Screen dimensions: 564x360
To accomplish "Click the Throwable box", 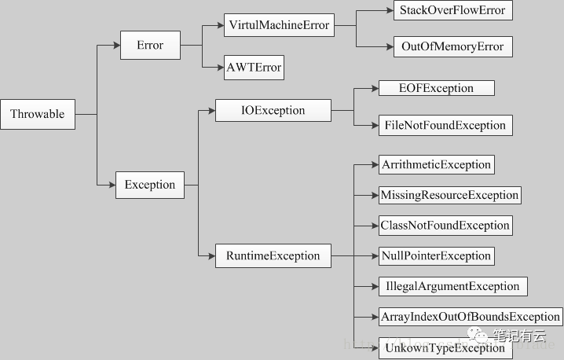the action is coord(38,114).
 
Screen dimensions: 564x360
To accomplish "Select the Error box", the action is coord(150,45).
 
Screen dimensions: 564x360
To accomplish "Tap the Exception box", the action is coord(150,185).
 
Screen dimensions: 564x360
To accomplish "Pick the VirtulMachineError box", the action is coord(279,25).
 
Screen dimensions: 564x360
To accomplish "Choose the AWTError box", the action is coord(254,68).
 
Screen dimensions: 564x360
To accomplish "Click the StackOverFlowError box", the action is coord(453,10).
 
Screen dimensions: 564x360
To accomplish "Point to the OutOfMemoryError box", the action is coord(453,46).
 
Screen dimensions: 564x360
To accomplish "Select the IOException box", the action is coord(273,110).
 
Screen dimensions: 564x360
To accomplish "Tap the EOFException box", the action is coord(437,88).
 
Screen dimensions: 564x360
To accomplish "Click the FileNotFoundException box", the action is coord(445,125).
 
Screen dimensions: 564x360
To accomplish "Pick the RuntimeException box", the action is coord(273,255).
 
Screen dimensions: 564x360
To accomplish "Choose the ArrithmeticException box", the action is coord(437,164).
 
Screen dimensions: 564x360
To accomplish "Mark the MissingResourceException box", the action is coord(450,195).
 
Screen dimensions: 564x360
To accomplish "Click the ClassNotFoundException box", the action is coord(445,226).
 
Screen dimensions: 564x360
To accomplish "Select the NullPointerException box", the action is coord(437,256).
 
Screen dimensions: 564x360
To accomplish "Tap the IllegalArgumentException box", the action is coord(453,286).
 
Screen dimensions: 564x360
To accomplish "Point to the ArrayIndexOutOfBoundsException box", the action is coord(471,317).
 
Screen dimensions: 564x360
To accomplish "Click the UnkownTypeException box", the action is coord(445,348).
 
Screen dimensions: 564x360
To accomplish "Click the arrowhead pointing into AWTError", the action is coord(220,68).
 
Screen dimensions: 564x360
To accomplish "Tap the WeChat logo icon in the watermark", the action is coord(477,335).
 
